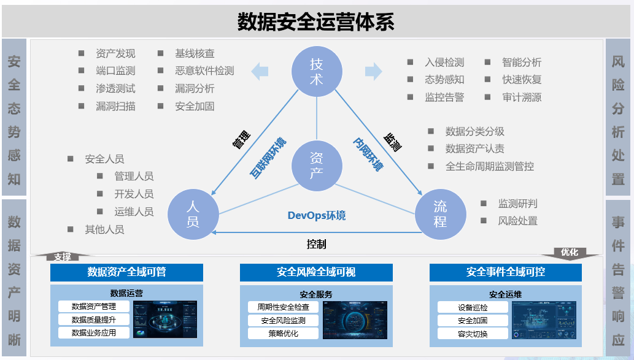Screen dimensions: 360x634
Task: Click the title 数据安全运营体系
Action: tap(316, 22)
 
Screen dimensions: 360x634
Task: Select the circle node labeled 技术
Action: tap(316, 71)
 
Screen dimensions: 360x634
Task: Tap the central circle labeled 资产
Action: tap(316, 165)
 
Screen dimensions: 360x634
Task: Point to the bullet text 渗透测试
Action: tap(115, 88)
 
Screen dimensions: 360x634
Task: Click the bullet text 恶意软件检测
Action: tap(204, 71)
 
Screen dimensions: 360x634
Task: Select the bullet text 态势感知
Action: tap(444, 80)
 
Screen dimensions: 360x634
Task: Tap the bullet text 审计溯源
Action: tap(522, 97)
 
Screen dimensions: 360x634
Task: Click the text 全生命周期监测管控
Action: tap(489, 166)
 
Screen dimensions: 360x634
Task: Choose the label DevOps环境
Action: tap(316, 215)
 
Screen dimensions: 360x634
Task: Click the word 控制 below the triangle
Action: tap(316, 244)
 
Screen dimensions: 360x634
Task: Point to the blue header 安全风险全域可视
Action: tap(316, 272)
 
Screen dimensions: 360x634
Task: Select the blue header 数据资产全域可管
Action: tap(126, 272)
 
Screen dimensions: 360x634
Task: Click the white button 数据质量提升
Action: tap(93, 320)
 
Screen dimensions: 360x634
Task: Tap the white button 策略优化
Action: tap(283, 334)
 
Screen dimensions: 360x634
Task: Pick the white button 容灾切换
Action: tap(473, 334)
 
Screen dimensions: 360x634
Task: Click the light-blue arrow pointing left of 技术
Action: tap(260, 71)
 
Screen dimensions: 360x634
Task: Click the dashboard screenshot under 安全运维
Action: tap(544, 320)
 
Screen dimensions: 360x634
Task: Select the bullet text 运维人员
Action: tap(134, 212)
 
